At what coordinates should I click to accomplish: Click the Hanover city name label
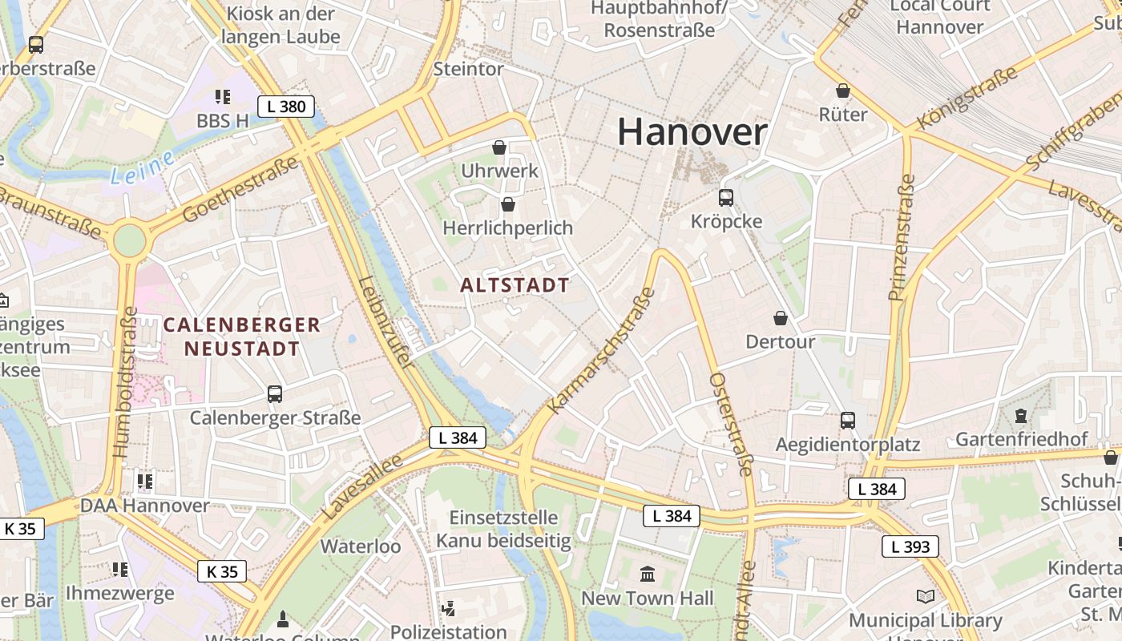coord(692,132)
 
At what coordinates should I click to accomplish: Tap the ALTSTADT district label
coord(515,285)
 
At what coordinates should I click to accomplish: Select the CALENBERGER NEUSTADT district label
coord(241,337)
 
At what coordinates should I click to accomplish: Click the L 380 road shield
coord(285,106)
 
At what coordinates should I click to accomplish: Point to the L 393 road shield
coord(910,546)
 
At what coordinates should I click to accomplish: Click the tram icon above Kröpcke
coord(726,197)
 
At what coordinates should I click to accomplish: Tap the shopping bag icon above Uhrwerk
coord(499,147)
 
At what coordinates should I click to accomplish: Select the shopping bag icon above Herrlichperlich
coord(507,204)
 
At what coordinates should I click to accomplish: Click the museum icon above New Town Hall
coord(647,574)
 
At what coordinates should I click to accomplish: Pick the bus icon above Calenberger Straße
coord(275,394)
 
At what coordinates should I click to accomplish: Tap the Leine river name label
coord(142,167)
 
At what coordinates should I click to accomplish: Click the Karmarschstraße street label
coord(602,350)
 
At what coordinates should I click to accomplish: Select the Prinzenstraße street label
coord(902,237)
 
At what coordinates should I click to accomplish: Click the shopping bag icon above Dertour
coord(780,318)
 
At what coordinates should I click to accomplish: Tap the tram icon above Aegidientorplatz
coord(847,420)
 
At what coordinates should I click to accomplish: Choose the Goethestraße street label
coord(240,190)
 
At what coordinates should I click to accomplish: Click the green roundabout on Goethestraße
coord(129,240)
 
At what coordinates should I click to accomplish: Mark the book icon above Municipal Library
coord(925,597)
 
